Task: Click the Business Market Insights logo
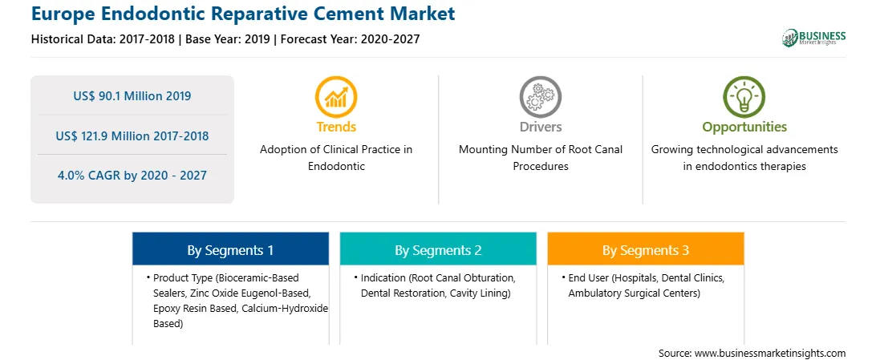pos(813,38)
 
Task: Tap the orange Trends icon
pos(336,97)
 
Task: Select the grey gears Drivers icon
pos(540,97)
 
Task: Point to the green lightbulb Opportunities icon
pos(744,97)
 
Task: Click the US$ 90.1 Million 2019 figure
pos(132,96)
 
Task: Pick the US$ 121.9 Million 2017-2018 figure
pos(132,136)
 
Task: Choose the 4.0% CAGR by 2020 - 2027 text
pos(132,176)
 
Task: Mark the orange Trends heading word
pos(336,127)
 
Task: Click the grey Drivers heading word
pos(540,127)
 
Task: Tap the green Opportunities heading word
pos(744,127)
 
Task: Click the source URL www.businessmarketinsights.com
pos(770,354)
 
